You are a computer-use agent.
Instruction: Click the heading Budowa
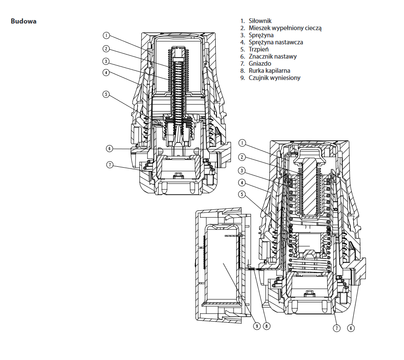point(23,21)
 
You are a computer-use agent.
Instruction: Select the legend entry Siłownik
point(260,21)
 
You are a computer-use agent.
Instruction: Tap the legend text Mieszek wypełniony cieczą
point(285,28)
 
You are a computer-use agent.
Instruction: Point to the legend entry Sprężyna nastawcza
point(276,42)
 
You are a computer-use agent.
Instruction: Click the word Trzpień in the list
point(258,49)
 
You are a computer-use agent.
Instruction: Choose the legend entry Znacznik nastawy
point(273,56)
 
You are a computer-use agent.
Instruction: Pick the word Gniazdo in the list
point(260,64)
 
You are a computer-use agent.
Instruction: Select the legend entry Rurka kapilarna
point(269,71)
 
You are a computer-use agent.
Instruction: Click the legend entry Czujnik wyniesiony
point(274,78)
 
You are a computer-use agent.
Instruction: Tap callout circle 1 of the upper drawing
point(106,35)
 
